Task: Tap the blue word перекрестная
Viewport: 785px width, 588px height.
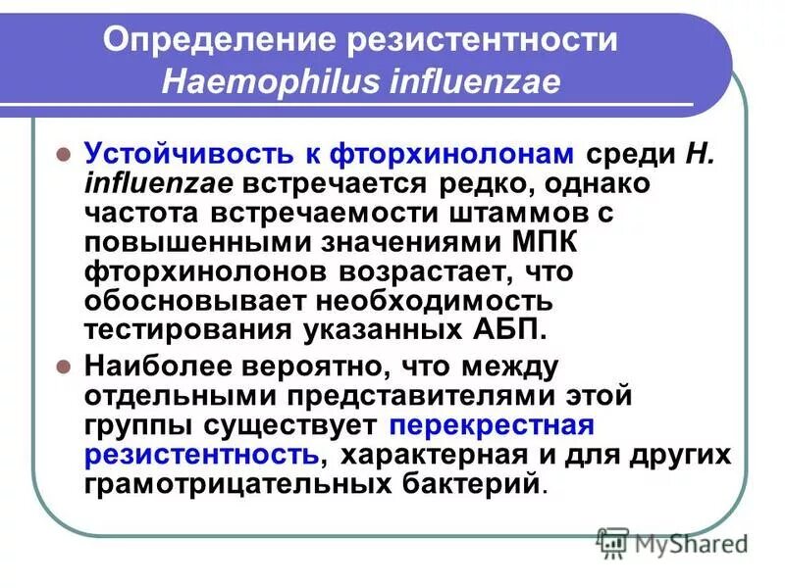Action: (493, 426)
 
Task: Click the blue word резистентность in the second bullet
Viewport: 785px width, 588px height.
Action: (200, 456)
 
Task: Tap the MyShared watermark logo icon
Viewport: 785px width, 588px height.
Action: (612, 541)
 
